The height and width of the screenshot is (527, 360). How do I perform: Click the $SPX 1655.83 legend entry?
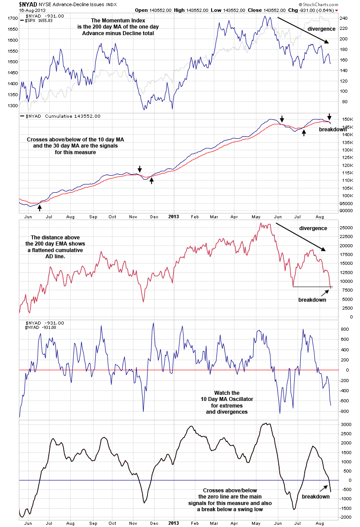click(39, 21)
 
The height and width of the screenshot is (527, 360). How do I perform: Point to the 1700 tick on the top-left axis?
click(12, 18)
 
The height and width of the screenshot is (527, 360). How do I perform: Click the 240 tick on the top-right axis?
click(343, 18)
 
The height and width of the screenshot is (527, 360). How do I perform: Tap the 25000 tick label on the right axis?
click(346, 227)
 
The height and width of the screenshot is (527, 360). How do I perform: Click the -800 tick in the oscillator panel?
click(345, 411)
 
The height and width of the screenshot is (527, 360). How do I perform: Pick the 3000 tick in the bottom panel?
click(345, 425)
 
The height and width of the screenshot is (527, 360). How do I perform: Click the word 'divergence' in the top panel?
click(321, 29)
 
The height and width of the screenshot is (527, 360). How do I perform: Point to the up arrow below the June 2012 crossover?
click(40, 207)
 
